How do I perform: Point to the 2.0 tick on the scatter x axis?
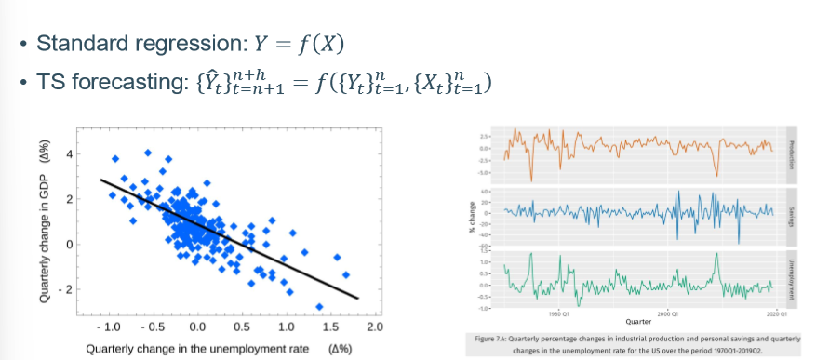(374, 328)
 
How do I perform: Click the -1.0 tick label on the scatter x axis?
(108, 328)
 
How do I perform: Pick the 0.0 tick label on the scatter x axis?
(197, 328)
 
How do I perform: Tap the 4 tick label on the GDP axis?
(67, 154)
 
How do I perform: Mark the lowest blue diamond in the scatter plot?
(320, 306)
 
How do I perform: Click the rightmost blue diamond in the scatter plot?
(346, 274)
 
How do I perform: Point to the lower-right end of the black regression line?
(357, 298)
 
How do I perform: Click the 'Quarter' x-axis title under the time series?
(638, 321)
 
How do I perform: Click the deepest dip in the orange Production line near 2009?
(716, 174)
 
